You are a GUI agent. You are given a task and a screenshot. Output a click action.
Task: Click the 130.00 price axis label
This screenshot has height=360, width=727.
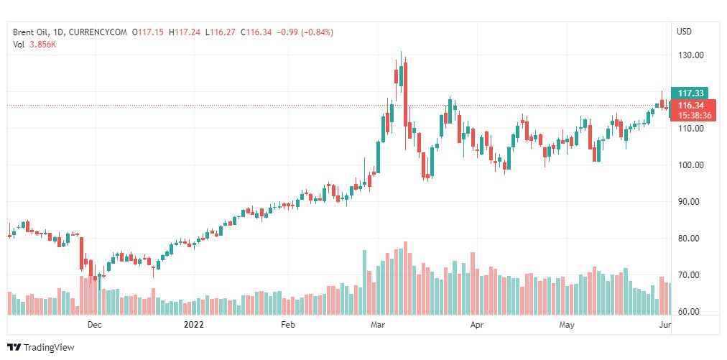[x=692, y=55]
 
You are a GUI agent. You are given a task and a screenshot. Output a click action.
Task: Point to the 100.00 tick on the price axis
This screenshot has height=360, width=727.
[x=692, y=165]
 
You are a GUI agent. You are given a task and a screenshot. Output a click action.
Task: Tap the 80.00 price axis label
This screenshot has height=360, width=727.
[x=692, y=239]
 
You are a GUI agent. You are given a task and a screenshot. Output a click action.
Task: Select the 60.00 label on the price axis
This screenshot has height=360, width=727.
[x=692, y=312]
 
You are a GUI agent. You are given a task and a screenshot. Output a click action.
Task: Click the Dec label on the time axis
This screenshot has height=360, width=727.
[x=94, y=325]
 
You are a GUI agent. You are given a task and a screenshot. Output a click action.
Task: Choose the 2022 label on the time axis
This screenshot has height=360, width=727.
[x=194, y=325]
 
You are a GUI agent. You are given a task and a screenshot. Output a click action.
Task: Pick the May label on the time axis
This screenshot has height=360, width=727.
[x=568, y=325]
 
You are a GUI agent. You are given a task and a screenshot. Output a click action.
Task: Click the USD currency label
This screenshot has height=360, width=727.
[x=684, y=32]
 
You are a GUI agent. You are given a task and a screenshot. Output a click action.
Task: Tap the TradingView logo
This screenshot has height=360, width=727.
[x=41, y=348]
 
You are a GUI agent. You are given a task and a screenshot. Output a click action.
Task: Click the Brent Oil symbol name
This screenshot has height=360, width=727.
[x=30, y=32]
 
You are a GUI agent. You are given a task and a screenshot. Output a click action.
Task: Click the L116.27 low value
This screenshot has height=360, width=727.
[x=221, y=32]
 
